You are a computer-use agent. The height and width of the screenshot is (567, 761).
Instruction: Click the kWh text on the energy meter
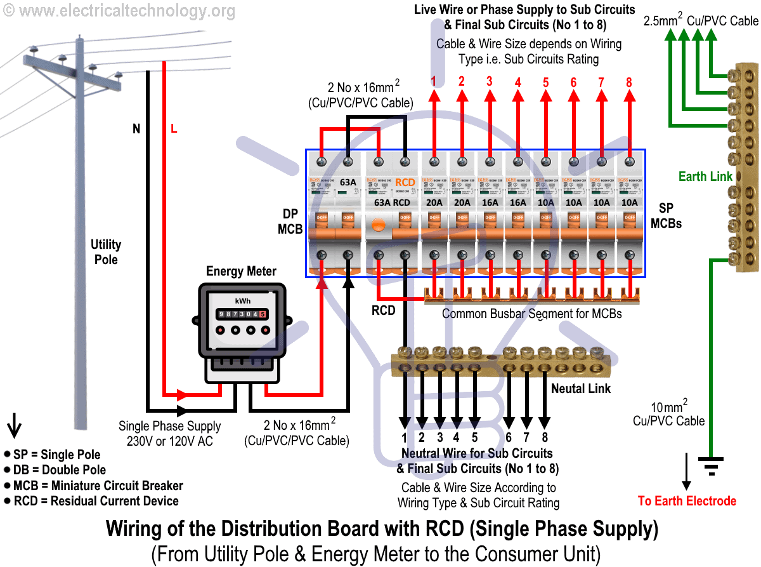coord(242,300)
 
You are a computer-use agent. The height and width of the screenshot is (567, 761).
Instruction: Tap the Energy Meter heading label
coord(241,271)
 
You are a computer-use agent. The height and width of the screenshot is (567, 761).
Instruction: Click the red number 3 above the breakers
coord(489,81)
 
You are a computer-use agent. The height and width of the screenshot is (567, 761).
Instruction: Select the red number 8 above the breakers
coord(629,82)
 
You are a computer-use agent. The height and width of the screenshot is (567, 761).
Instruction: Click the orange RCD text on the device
coord(405,182)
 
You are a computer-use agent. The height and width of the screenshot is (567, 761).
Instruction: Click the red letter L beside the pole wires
coord(174,129)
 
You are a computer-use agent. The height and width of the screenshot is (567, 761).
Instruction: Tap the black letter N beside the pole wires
coord(136,129)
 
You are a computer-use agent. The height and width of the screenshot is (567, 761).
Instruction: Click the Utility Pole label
coord(106,251)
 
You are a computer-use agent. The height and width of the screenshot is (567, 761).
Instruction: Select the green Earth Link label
coord(705,177)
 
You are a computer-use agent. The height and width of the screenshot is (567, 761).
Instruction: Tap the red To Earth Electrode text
coord(687,501)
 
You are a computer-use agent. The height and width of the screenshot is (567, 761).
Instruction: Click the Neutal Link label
coord(580,388)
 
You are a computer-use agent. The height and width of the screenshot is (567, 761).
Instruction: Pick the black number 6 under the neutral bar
coord(509,437)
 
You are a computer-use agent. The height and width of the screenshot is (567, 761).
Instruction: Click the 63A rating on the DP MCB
coord(348,183)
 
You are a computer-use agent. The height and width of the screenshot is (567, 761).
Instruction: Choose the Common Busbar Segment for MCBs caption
coord(531,314)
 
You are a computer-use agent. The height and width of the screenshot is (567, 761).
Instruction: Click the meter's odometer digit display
coord(242,314)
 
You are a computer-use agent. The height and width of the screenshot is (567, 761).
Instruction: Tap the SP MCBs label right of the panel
coord(666,216)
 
